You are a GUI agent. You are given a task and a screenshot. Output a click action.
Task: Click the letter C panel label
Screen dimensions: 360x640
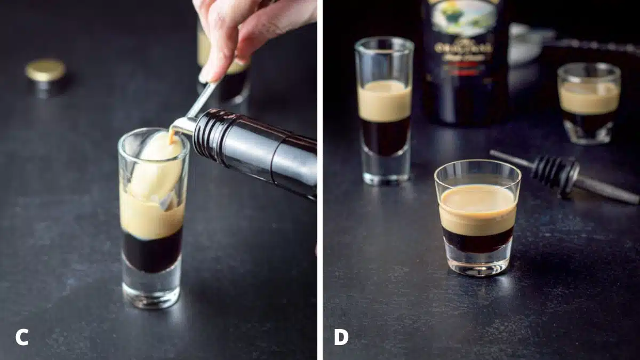point(22,337)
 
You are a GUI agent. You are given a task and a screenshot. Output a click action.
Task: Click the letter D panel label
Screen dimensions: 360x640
point(342,337)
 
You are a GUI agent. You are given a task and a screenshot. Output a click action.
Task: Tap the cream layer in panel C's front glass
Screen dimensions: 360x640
point(151,219)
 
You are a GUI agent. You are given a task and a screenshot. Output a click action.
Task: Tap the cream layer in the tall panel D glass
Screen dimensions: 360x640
point(384,101)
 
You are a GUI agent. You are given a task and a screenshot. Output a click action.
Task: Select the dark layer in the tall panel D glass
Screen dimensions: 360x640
point(384,136)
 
